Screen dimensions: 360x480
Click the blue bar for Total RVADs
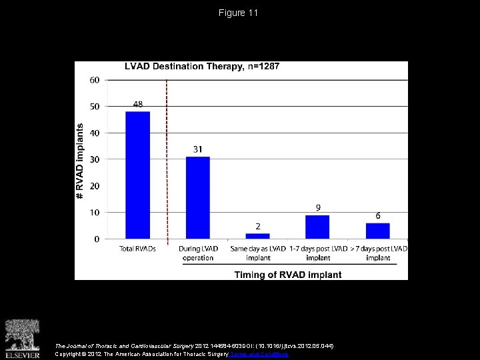tap(137, 175)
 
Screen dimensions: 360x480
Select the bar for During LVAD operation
tap(198, 197)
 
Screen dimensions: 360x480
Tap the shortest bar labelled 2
tap(257, 236)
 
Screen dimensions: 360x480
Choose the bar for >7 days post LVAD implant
tap(377, 231)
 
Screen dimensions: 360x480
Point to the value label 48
tap(138, 105)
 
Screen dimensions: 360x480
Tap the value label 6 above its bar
tap(378, 216)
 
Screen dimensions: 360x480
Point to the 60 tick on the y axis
tap(95, 80)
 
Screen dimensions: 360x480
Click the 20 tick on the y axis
tap(95, 186)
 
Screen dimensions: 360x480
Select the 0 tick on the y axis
tap(97, 239)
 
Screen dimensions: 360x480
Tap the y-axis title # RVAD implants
tap(81, 160)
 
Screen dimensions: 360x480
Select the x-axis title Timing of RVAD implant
tap(287, 274)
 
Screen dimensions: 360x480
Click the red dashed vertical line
tap(167, 160)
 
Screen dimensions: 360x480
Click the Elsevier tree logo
tap(22, 336)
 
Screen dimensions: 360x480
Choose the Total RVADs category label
tap(137, 249)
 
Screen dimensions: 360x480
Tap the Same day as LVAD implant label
tap(257, 253)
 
